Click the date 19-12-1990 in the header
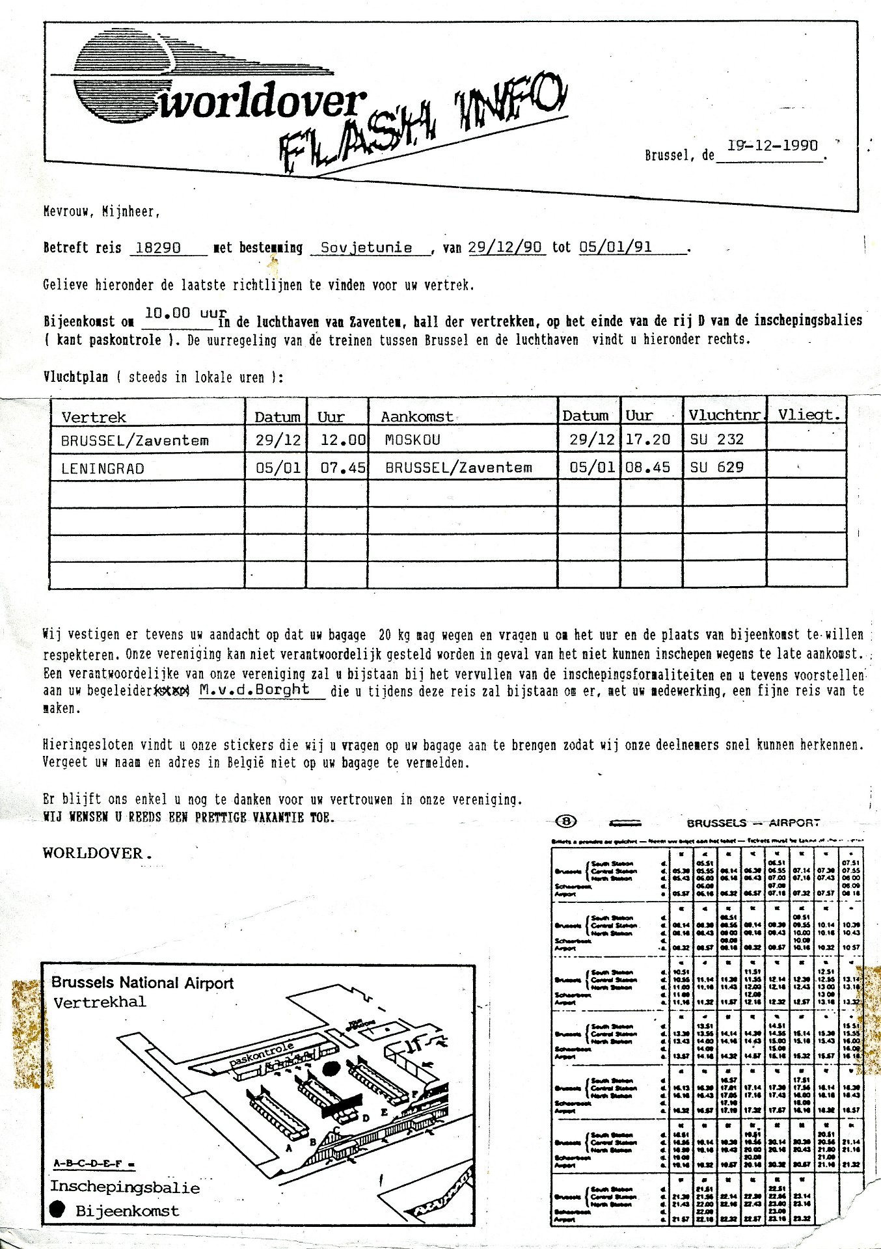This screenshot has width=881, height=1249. tap(772, 146)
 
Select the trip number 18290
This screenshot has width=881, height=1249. tap(158, 248)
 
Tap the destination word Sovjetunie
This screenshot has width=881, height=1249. tap(366, 248)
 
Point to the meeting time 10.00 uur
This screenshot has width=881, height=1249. tap(185, 314)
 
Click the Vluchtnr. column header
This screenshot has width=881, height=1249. tap(724, 415)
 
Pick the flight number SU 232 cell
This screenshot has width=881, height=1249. tap(716, 440)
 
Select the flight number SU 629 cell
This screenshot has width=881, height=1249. tap(716, 468)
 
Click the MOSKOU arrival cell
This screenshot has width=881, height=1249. tap(413, 440)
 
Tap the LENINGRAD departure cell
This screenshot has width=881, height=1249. tap(103, 468)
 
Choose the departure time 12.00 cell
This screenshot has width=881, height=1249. tap(343, 440)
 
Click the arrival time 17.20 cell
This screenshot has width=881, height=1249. tap(647, 440)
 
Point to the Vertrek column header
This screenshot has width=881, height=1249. tap(94, 417)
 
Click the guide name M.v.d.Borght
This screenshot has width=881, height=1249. tap(254, 690)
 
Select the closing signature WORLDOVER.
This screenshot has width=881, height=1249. tap(97, 853)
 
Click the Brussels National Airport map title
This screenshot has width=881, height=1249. tap(142, 983)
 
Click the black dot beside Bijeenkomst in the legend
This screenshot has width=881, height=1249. tap(58, 1209)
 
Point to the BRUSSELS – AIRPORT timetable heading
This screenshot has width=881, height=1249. tap(753, 823)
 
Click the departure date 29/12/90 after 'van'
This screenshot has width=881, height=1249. tap(505, 248)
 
